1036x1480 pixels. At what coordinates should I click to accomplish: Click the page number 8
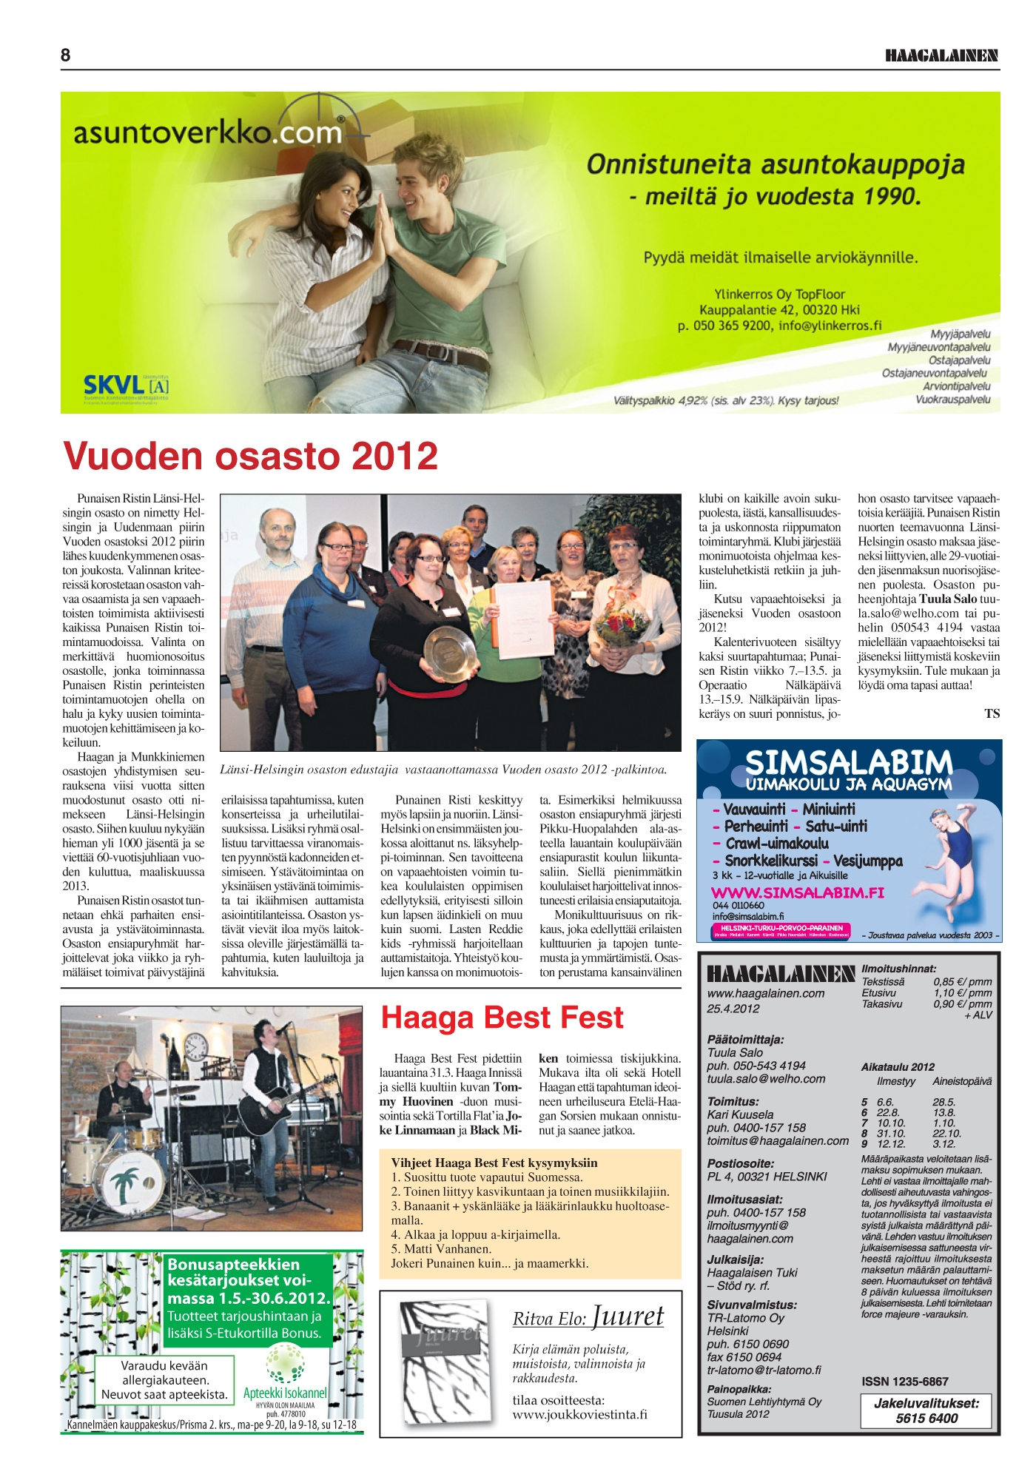pyautogui.click(x=66, y=55)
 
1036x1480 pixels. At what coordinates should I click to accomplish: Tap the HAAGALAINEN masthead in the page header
pyautogui.click(x=941, y=56)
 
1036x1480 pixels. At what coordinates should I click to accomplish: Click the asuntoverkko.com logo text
pyautogui.click(x=207, y=133)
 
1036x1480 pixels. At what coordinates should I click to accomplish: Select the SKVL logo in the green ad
pyautogui.click(x=126, y=386)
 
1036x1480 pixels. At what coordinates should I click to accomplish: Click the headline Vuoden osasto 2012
pyautogui.click(x=251, y=456)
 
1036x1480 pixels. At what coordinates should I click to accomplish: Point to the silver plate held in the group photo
pyautogui.click(x=450, y=654)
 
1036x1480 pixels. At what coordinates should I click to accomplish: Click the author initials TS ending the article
pyautogui.click(x=992, y=713)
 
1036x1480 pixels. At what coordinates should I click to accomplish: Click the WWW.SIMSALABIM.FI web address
pyautogui.click(x=797, y=892)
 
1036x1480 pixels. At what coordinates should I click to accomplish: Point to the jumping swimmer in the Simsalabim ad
pyautogui.click(x=954, y=844)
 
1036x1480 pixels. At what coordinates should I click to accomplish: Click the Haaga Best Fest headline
pyautogui.click(x=502, y=1017)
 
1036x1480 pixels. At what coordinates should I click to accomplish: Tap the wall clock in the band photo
pyautogui.click(x=195, y=1047)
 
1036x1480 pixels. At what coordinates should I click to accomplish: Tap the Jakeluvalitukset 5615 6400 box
pyautogui.click(x=926, y=1410)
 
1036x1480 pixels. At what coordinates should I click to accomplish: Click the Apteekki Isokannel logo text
pyautogui.click(x=285, y=1393)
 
